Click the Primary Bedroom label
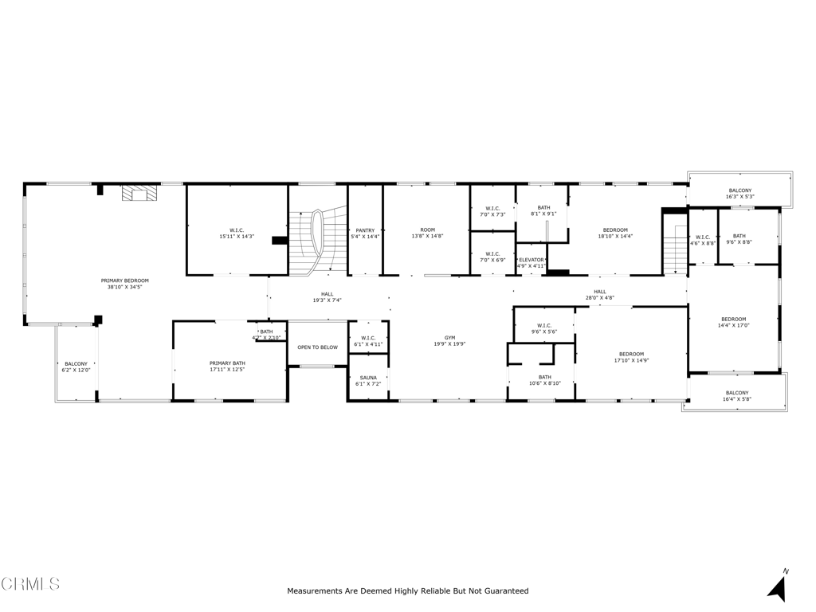tap(124, 280)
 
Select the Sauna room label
tap(368, 378)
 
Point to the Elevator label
tap(531, 260)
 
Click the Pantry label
tap(365, 230)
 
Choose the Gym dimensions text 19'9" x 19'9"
tap(449, 344)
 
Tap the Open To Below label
tap(317, 347)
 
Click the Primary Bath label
tap(227, 363)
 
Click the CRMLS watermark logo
tap(30, 584)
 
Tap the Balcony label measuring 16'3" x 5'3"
tap(739, 190)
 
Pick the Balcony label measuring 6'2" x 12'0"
tap(76, 363)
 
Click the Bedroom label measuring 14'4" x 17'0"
tap(733, 319)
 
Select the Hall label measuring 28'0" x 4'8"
tap(599, 292)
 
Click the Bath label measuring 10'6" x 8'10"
tap(544, 377)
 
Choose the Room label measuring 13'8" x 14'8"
tap(427, 230)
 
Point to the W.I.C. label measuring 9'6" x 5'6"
tap(544, 325)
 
